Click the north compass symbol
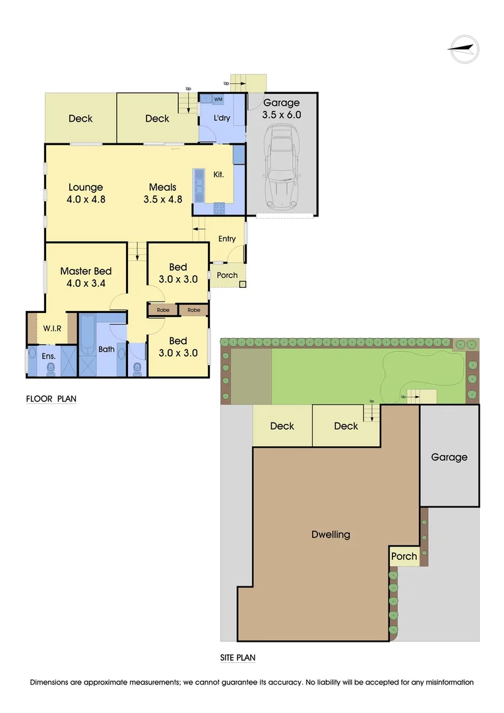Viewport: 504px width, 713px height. coord(464,49)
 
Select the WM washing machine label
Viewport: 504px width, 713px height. coord(218,99)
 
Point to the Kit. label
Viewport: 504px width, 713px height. coord(219,175)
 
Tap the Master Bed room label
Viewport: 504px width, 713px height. coord(86,271)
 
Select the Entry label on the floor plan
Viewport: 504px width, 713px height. coord(226,239)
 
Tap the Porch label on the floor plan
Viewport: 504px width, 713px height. coord(227,275)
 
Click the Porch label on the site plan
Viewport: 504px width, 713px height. coord(404,557)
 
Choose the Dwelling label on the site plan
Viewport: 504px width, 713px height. coord(331,535)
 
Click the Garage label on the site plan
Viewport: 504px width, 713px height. coord(449,457)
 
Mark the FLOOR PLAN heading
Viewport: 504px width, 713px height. coord(51,399)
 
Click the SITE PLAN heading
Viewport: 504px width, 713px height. coord(237,658)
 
